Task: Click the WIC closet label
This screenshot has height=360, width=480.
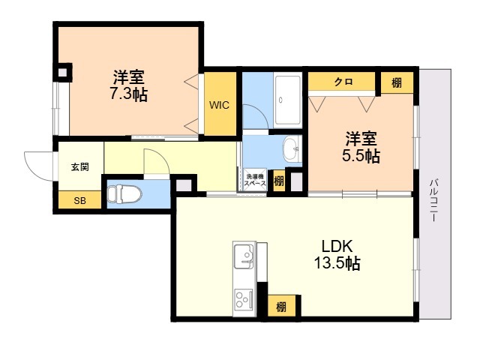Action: (219, 105)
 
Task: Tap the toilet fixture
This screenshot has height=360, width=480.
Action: (124, 193)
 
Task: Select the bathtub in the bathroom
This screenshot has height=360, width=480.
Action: (287, 100)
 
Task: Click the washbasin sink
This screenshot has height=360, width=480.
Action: (292, 149)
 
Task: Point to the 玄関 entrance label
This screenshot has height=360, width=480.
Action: (80, 167)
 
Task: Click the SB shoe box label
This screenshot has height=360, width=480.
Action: (80, 201)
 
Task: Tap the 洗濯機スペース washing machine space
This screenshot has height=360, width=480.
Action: (255, 180)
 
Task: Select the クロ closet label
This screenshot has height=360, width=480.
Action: (343, 82)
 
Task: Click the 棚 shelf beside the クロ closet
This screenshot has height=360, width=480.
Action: (397, 82)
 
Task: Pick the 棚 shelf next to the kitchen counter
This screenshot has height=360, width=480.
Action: (282, 307)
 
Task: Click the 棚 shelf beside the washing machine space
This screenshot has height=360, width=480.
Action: (278, 181)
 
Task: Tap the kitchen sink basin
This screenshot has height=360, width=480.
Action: (244, 256)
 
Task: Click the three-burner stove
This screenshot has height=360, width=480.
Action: (244, 298)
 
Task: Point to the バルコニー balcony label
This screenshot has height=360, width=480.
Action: (433, 200)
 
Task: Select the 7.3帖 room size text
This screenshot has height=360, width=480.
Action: (128, 94)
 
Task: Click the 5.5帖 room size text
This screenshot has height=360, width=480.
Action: (361, 155)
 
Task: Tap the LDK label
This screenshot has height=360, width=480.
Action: (337, 246)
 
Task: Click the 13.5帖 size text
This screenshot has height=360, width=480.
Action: (337, 263)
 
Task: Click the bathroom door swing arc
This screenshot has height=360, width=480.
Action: (260, 112)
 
